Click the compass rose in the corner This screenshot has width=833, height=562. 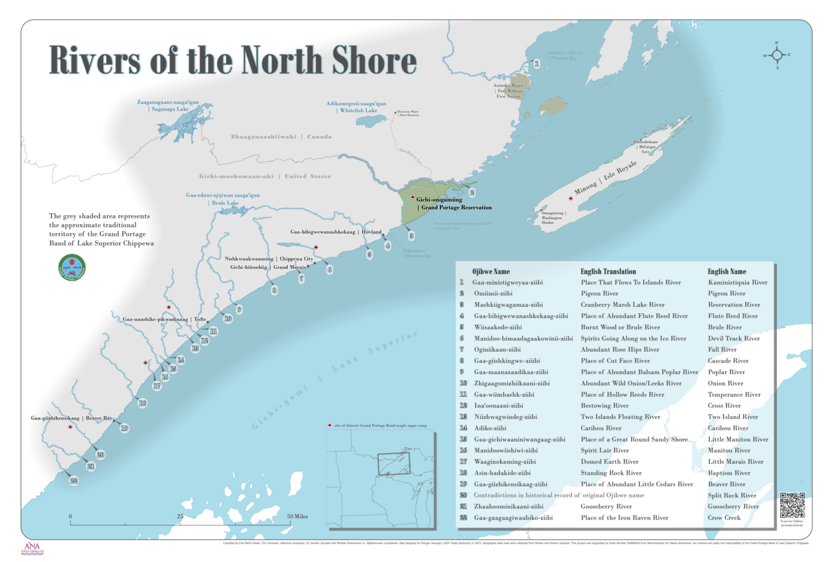coord(777,55)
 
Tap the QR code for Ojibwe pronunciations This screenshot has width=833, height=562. coord(792,505)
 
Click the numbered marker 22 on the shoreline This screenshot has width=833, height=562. coord(74,481)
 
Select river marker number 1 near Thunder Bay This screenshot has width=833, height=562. coord(536,64)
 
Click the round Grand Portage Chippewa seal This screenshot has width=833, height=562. coord(72,267)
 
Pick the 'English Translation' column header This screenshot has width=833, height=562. coord(608,272)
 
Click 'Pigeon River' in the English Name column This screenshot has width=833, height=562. coord(726,294)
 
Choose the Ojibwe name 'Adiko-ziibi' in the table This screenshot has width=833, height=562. coord(490,428)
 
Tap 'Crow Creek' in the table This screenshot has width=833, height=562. coord(723,518)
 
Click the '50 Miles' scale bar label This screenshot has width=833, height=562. coord(297,516)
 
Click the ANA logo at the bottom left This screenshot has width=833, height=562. coord(32,548)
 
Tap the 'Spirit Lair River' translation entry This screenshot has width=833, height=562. coord(605,450)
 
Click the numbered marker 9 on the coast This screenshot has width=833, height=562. coord(239,310)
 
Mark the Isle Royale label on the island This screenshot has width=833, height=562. coord(605,178)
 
